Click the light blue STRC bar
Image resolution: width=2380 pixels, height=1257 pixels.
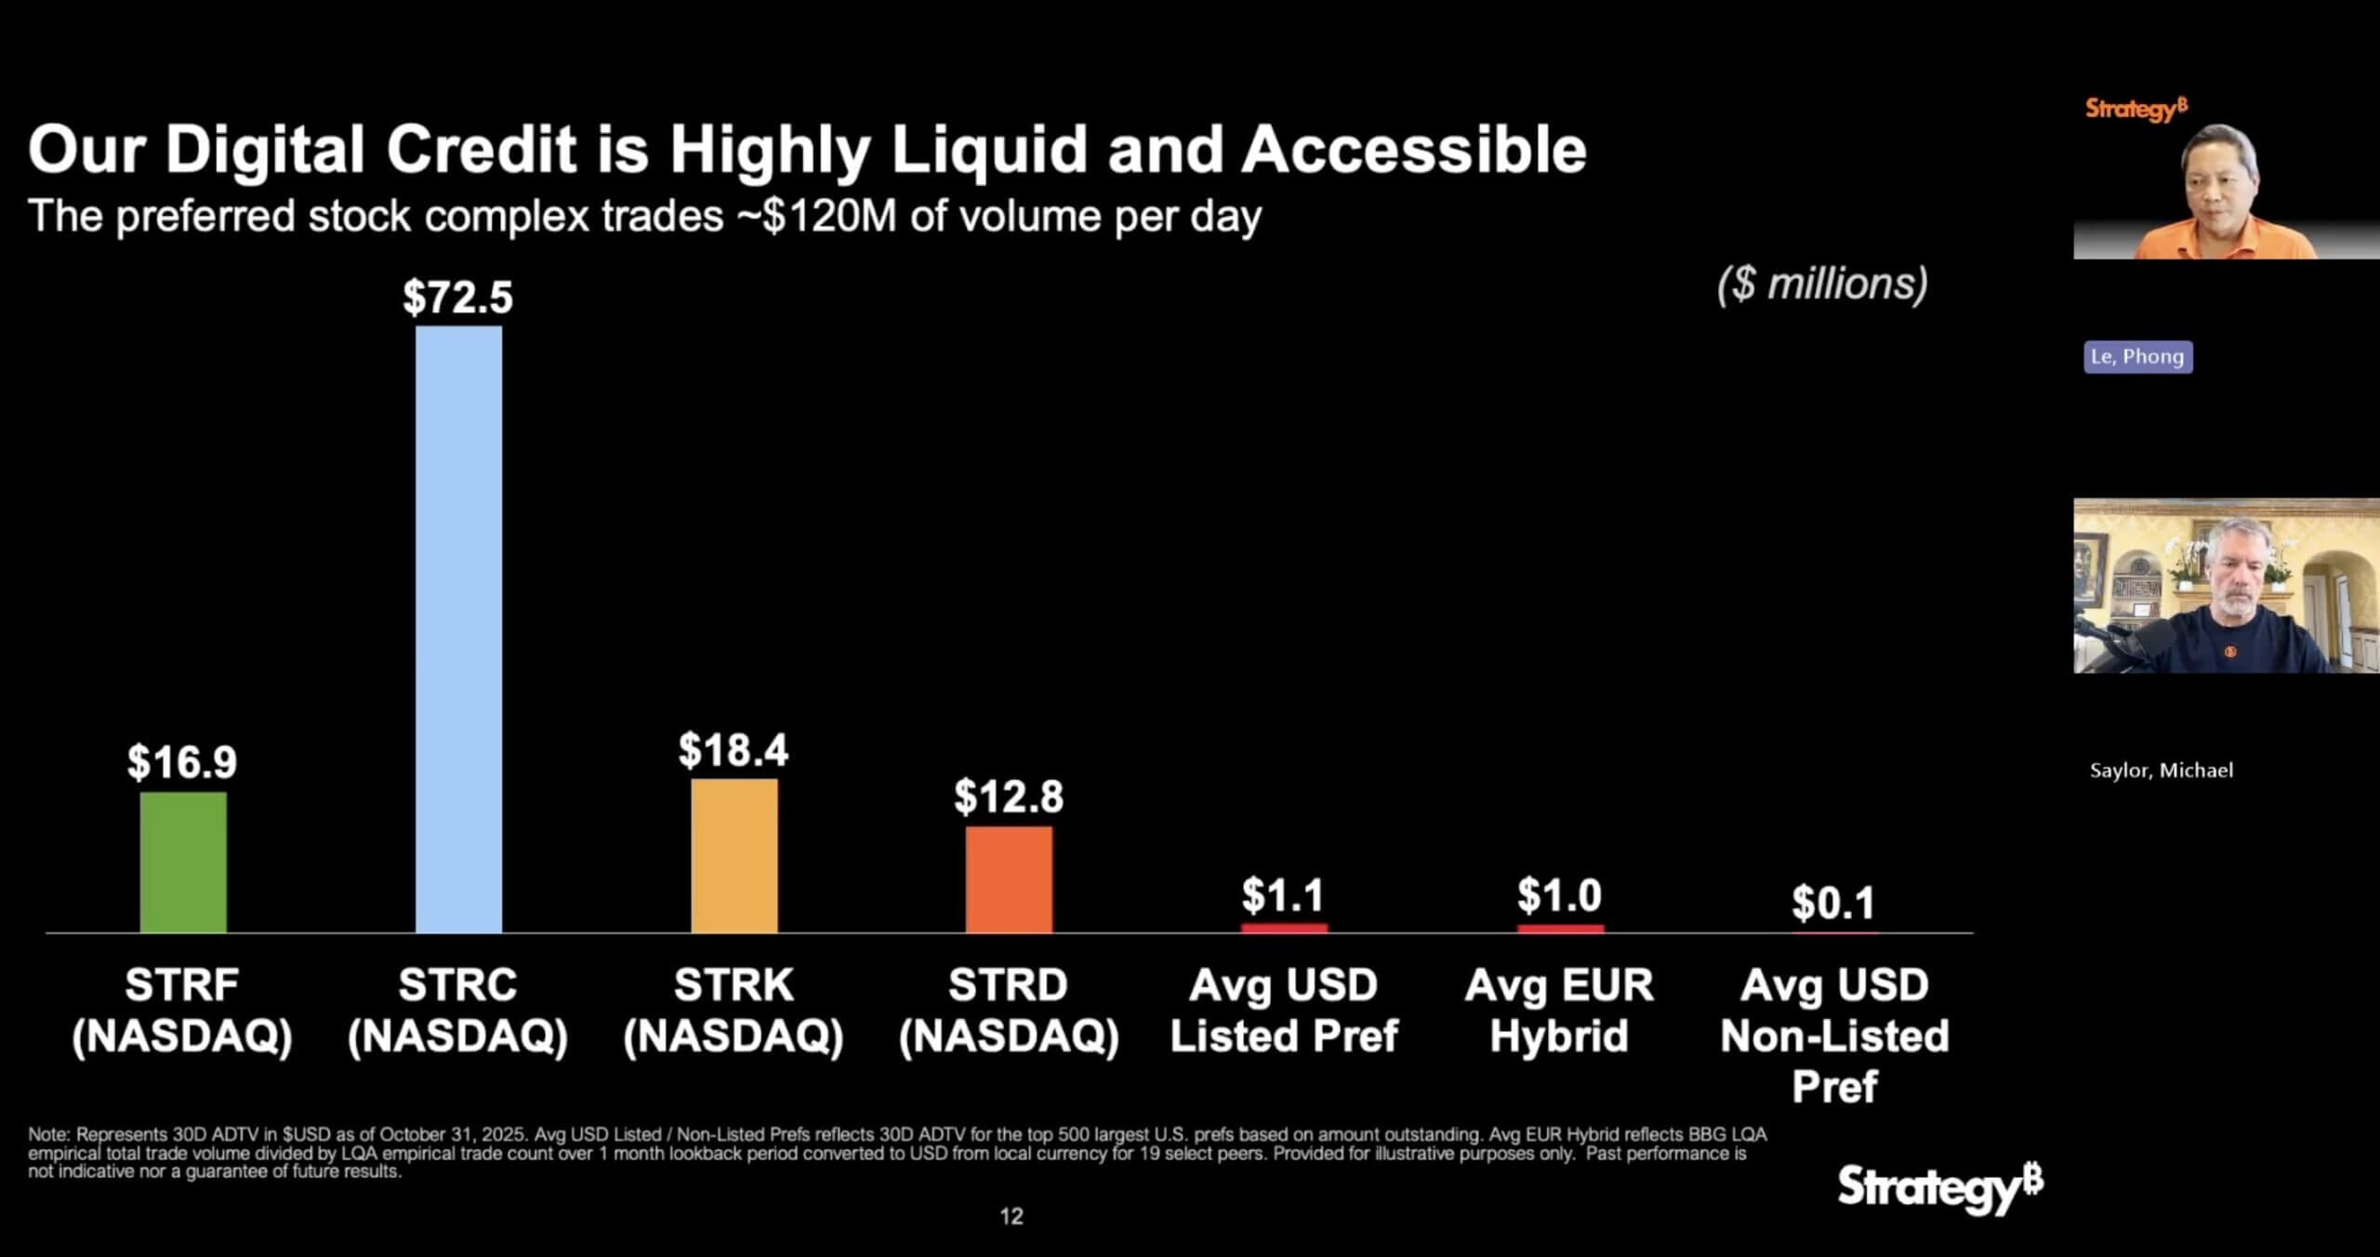(458, 628)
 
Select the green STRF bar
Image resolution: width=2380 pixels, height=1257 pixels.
(183, 862)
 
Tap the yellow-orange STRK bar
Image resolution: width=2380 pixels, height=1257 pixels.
(734, 855)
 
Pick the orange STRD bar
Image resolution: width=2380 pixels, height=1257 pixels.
(1009, 879)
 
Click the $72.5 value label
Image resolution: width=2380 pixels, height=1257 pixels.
(457, 298)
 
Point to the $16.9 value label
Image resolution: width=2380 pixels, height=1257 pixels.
(182, 762)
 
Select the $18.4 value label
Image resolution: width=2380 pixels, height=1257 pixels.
(733, 750)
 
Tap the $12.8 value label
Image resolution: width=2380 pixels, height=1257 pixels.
(1009, 797)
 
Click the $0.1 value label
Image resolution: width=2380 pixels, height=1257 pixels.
(1833, 903)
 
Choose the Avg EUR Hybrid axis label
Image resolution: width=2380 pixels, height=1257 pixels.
(1559, 1011)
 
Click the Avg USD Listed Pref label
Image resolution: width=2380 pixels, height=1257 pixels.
(1283, 1011)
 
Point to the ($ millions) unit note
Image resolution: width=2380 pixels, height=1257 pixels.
(1822, 284)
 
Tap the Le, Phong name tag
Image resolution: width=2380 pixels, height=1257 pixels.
(2137, 357)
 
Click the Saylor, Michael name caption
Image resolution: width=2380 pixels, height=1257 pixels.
(2161, 771)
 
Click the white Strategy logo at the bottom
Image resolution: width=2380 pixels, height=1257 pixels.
(1939, 1187)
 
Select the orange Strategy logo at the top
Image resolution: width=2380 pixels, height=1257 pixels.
(2135, 109)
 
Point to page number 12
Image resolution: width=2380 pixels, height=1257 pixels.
(1011, 1216)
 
